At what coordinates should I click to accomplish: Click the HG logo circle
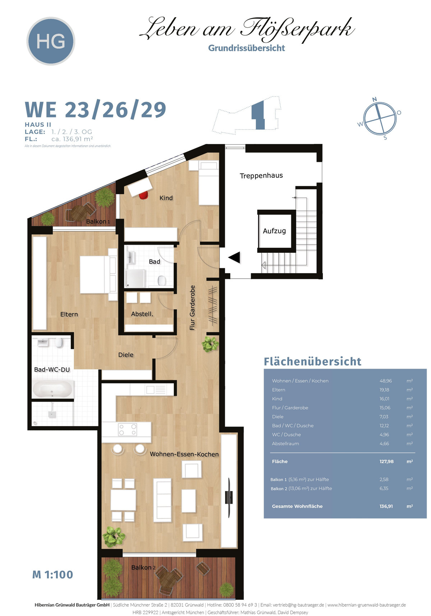(x=51, y=41)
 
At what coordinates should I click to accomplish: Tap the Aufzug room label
(x=274, y=231)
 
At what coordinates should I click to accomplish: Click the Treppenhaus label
(x=261, y=176)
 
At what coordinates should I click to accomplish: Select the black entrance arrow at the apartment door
(x=235, y=257)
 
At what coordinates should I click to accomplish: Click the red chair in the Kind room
(x=144, y=195)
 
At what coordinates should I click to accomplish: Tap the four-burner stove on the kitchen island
(x=128, y=430)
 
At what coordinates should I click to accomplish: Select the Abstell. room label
(x=142, y=314)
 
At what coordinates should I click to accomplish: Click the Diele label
(x=126, y=355)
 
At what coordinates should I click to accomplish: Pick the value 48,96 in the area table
(x=386, y=381)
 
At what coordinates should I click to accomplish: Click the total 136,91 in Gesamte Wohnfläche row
(x=386, y=506)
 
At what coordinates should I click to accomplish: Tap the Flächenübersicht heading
(x=312, y=361)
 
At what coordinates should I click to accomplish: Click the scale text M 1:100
(x=52, y=575)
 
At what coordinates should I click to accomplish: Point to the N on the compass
(x=375, y=99)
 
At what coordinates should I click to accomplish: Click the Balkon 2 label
(x=143, y=568)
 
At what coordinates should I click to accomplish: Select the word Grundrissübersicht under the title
(x=246, y=48)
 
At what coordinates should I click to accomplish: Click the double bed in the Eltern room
(x=98, y=274)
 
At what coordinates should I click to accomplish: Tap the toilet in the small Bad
(x=162, y=280)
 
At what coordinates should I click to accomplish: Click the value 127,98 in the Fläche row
(x=386, y=462)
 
